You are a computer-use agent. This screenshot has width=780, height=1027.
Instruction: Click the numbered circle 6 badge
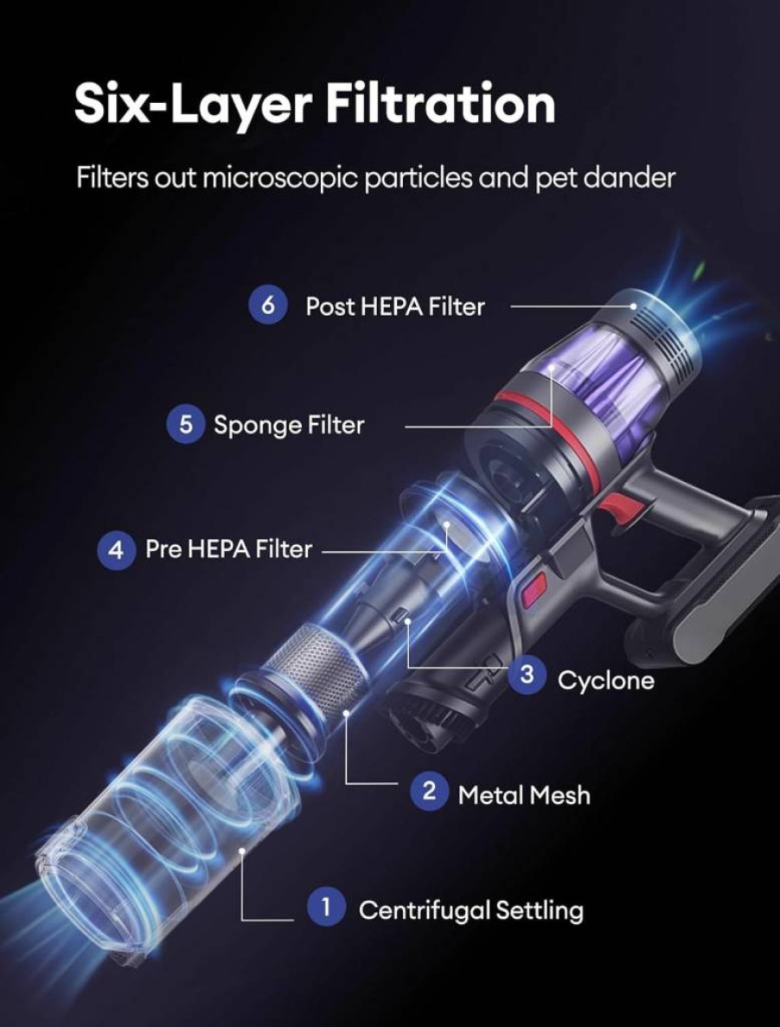(267, 305)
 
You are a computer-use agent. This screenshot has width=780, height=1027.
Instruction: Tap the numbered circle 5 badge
(186, 425)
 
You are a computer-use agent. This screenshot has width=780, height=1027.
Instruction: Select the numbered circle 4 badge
(116, 549)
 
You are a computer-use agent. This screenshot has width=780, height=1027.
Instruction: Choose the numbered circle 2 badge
(429, 791)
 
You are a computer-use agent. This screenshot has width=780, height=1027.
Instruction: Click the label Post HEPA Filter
(395, 306)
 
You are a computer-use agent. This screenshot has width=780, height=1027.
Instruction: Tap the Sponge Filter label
(289, 425)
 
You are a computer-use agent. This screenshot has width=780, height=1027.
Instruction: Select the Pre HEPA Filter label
(228, 549)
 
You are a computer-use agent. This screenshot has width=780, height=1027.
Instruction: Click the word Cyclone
(606, 680)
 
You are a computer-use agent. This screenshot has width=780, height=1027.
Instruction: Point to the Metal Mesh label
(524, 795)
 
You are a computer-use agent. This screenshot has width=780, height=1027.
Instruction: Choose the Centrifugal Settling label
(471, 910)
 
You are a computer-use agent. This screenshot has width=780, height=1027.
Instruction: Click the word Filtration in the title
(440, 105)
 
